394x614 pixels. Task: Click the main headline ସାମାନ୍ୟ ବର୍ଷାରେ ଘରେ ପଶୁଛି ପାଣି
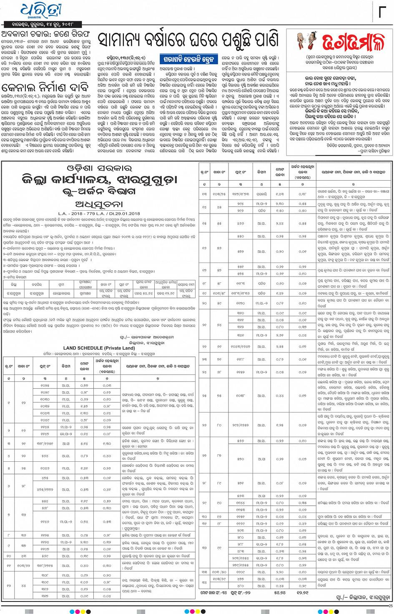click(188, 40)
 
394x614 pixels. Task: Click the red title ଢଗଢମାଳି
click(353, 42)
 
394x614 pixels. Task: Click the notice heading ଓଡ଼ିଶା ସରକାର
click(99, 169)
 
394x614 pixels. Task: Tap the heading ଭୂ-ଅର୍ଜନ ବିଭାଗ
click(99, 191)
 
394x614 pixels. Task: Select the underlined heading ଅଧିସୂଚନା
click(99, 204)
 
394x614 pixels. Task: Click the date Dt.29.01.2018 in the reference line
click(123, 214)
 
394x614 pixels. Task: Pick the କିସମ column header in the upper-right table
click(261, 172)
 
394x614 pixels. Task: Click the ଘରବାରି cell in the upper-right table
click(261, 194)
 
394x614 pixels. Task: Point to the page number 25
click(390, 606)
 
